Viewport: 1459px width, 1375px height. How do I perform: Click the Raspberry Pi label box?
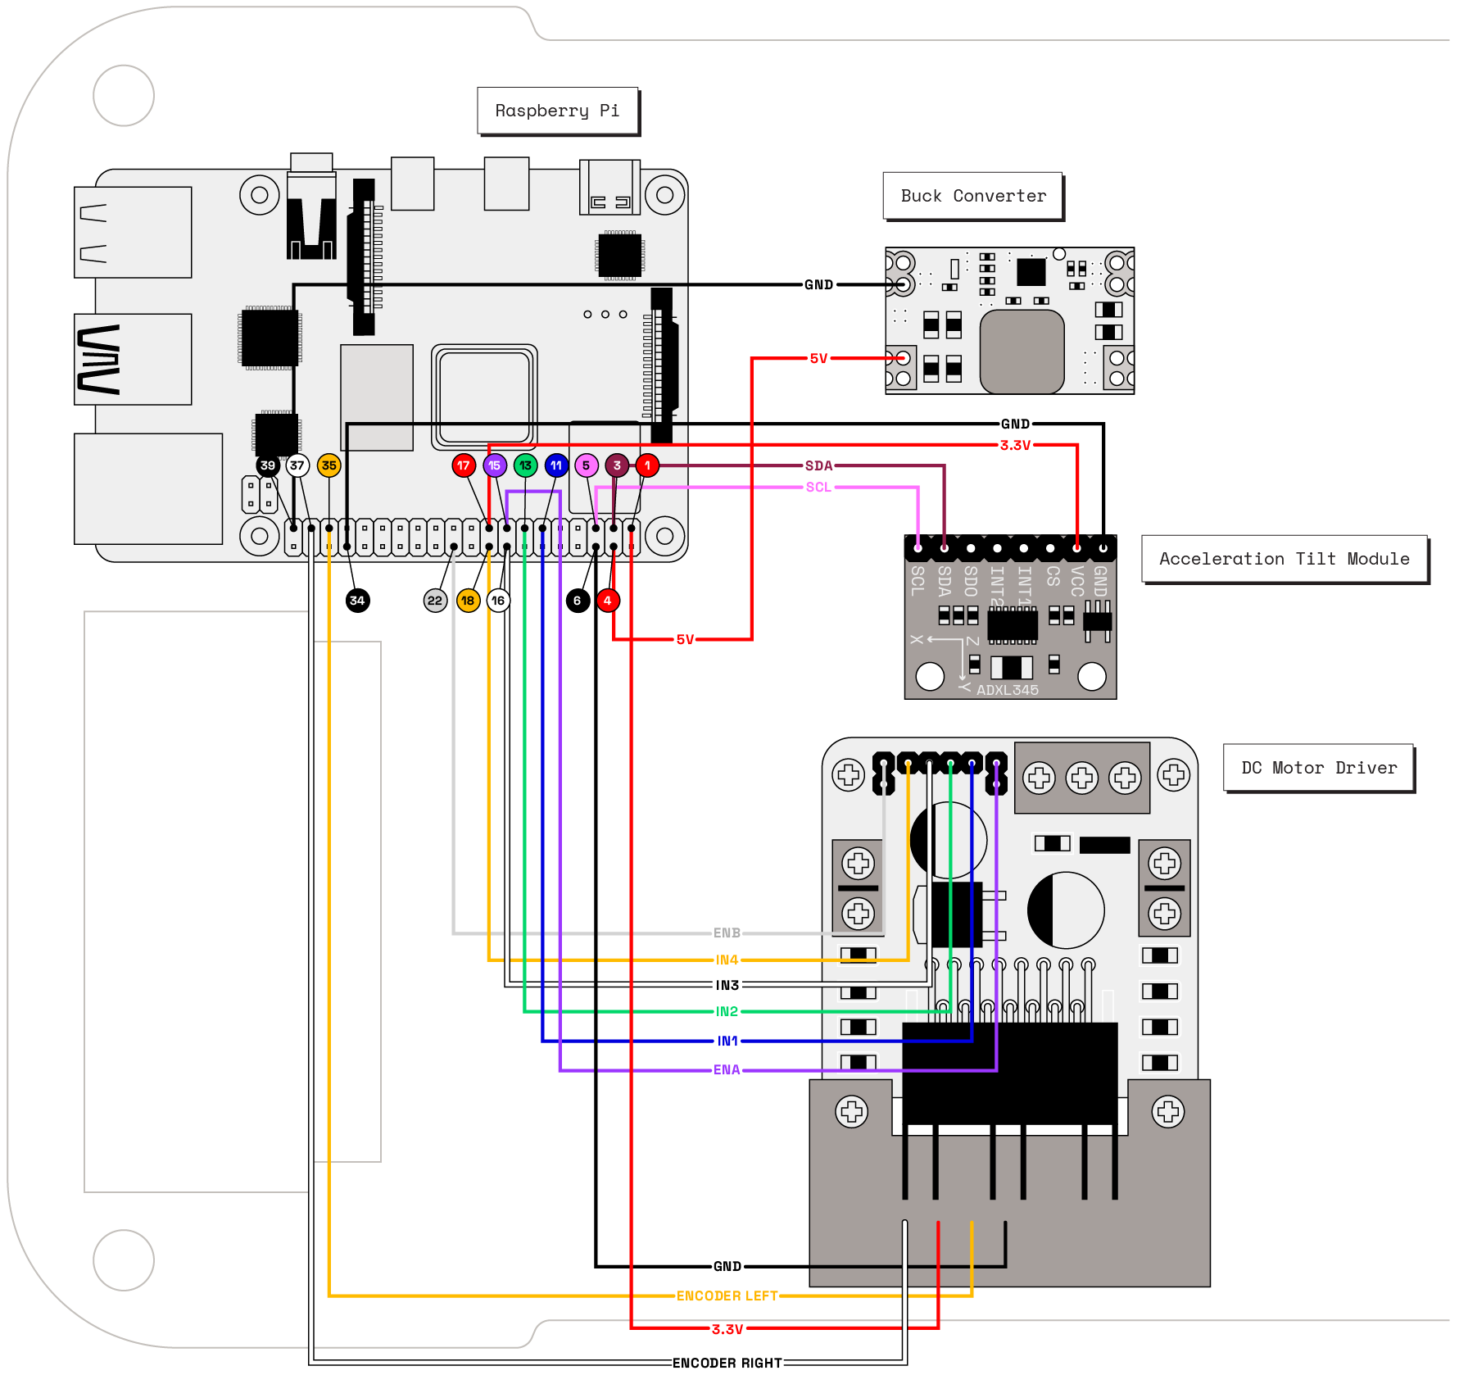pos(557,111)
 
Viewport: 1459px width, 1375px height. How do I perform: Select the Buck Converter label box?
pos(972,196)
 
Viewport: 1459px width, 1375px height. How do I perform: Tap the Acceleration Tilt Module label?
pos(1284,559)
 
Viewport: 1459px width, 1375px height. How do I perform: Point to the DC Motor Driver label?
pos(1318,768)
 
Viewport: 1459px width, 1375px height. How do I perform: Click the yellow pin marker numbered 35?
pos(329,465)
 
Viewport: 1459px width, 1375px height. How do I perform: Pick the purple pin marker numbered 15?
pos(495,465)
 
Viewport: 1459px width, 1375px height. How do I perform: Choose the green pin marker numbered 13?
pos(525,465)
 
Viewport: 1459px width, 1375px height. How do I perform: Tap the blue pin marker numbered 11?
pos(556,465)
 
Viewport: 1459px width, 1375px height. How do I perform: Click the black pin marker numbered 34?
pos(357,601)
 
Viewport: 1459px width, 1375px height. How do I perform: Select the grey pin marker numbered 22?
pos(435,601)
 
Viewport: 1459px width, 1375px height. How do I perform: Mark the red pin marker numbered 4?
pos(607,601)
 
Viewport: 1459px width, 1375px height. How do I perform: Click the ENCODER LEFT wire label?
pos(727,1296)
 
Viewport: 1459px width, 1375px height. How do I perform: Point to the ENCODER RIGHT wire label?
pos(727,1363)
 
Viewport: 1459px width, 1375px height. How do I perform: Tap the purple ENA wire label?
pos(727,1069)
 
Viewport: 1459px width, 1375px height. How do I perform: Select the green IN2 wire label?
pos(727,1011)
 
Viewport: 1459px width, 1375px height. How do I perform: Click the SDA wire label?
pos(818,465)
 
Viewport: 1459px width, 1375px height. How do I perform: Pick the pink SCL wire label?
pos(818,487)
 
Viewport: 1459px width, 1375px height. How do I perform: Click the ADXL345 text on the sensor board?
pos(1007,690)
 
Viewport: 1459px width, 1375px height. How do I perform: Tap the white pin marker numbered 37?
pos(297,465)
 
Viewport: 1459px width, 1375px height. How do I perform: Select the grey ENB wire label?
pos(727,933)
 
